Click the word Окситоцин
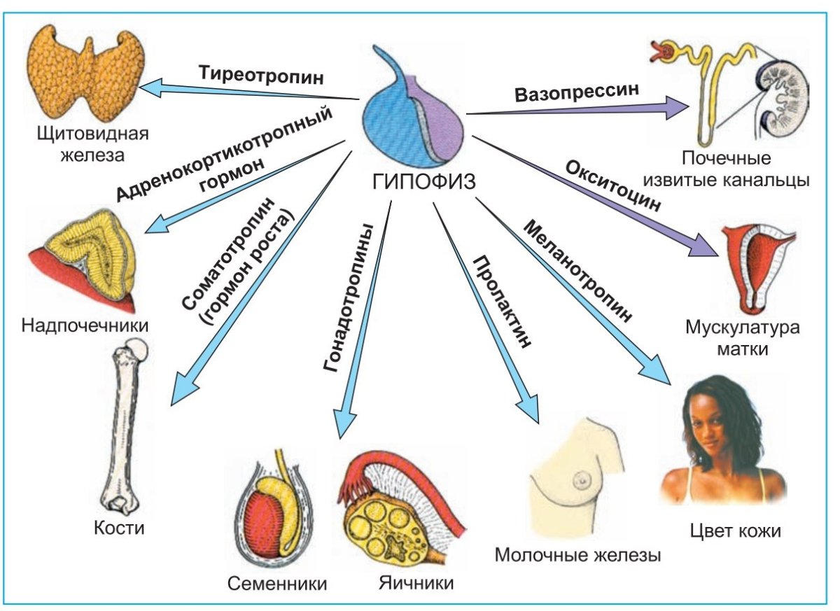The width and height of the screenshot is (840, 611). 612,185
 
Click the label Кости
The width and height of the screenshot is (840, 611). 119,527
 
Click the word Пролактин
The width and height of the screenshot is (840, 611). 503,301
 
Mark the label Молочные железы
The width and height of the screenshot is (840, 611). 577,556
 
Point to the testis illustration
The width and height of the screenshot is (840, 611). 272,514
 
